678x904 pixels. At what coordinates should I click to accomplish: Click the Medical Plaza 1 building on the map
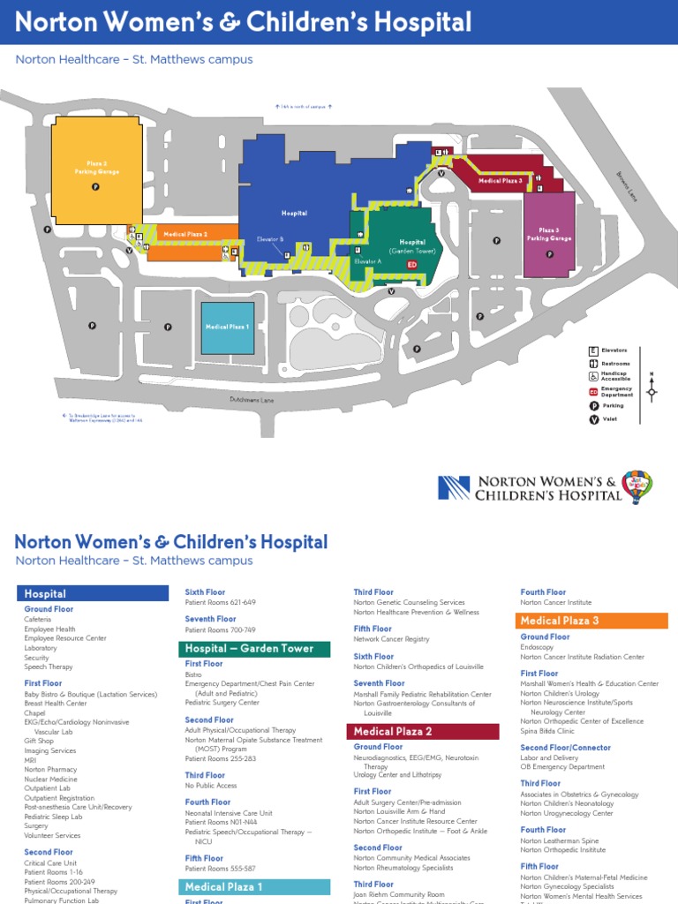228,328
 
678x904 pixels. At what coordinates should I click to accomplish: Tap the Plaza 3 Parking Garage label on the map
549,234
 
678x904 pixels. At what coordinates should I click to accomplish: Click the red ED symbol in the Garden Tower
411,264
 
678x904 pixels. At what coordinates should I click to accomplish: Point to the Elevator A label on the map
367,262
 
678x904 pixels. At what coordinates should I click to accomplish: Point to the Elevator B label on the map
269,239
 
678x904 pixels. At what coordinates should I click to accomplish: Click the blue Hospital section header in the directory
93,594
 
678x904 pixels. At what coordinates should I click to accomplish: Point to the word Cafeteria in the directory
39,620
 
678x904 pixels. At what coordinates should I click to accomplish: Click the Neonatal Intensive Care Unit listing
229,812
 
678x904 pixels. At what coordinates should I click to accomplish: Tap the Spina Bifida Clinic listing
547,731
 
